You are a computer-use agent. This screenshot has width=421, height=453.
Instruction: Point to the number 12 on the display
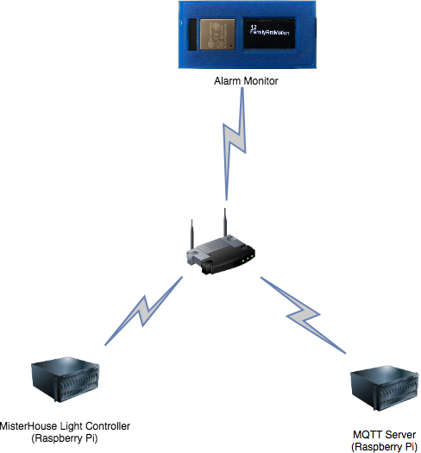[x=253, y=28]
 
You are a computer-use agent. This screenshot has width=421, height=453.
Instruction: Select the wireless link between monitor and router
[x=236, y=142]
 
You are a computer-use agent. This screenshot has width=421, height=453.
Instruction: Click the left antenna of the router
[x=191, y=234]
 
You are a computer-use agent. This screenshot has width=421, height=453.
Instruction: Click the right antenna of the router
[x=223, y=225]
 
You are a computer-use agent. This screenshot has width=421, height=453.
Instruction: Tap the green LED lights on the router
[x=248, y=258]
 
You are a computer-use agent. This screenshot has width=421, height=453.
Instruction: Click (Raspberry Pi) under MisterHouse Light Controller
[x=65, y=438]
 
